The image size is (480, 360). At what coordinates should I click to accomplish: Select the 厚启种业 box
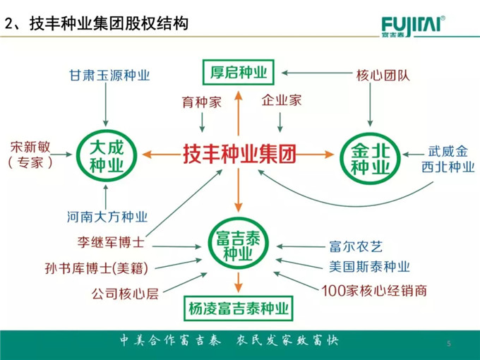coord(239,71)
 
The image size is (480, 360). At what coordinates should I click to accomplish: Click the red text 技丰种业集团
coord(239,152)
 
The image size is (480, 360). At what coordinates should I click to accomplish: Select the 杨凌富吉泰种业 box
coord(239,308)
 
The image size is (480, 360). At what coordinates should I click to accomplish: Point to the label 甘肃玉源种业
coord(109,74)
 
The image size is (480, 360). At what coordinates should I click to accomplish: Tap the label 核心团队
coord(375,72)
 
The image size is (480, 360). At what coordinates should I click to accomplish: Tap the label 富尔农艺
coord(355,246)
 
